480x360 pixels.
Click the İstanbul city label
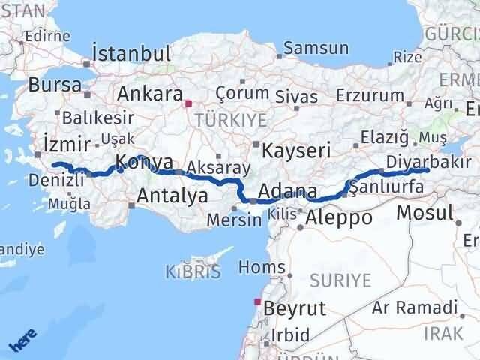click(x=131, y=53)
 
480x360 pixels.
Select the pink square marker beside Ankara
click(x=189, y=105)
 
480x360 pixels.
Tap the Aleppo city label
click(x=339, y=218)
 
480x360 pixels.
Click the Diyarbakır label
click(x=429, y=162)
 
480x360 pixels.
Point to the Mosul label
click(x=425, y=211)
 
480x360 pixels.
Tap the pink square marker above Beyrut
click(x=257, y=302)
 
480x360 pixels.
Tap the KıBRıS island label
click(x=195, y=271)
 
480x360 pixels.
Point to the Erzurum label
click(x=370, y=95)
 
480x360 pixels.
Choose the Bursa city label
click(x=56, y=85)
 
